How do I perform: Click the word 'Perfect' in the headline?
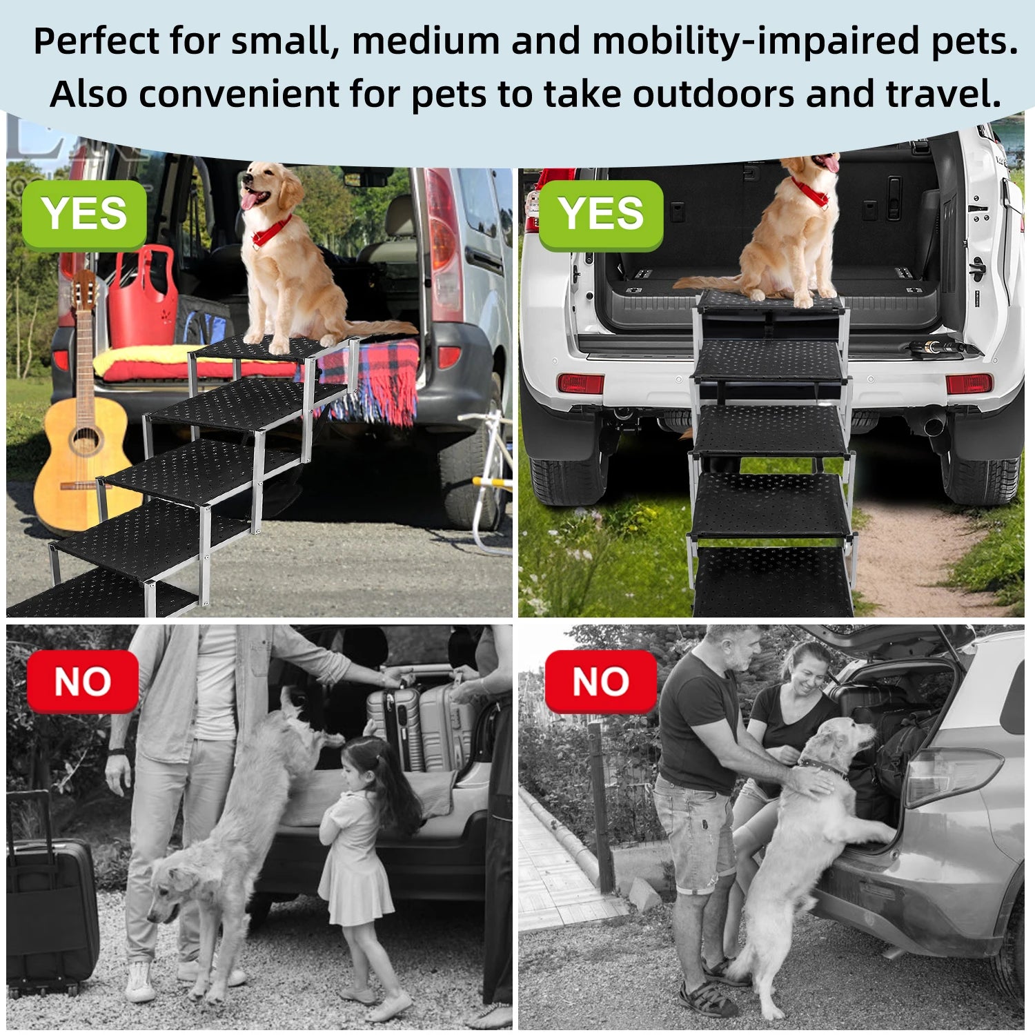coord(97,41)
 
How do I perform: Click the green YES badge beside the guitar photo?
coord(84,214)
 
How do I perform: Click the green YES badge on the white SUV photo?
coord(600,214)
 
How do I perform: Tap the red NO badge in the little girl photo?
coord(83,682)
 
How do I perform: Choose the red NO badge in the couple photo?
coord(600,682)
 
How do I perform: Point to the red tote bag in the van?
coord(143,297)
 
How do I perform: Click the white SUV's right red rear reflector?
coord(969,383)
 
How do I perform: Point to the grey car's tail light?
coord(952,776)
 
